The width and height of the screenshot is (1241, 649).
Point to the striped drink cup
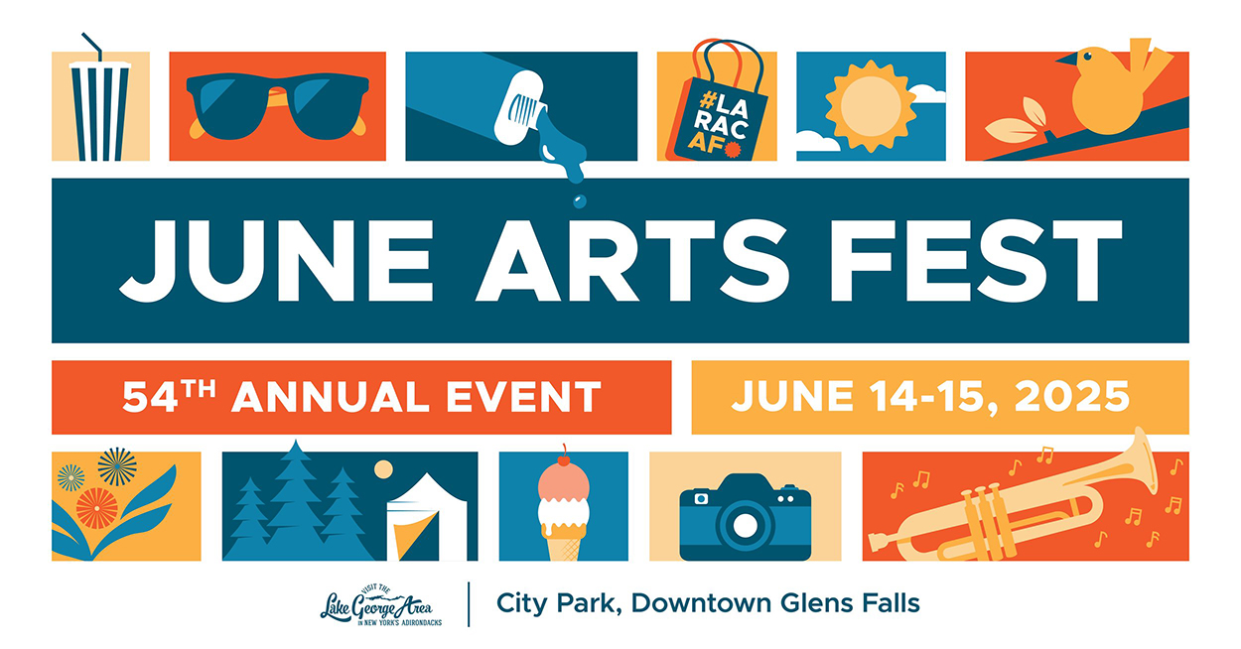tap(99, 111)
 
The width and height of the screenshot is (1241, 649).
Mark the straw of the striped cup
tap(92, 46)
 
